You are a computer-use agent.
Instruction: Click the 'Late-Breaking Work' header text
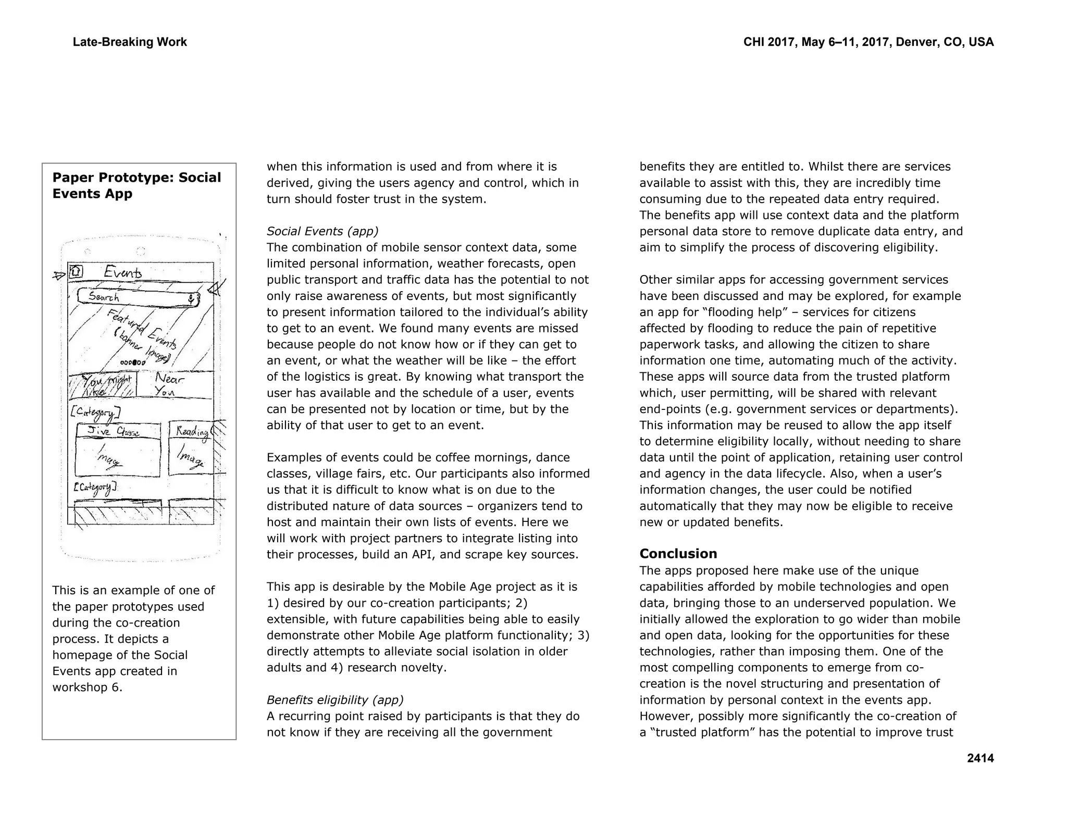(x=130, y=42)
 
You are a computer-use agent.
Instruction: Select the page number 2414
(x=980, y=758)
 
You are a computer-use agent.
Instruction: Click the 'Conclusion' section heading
(x=678, y=554)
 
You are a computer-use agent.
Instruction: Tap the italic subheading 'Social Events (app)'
(x=322, y=231)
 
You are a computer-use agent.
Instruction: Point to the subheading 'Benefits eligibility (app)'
(x=335, y=700)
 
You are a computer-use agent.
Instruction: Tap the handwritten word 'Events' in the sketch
(x=122, y=272)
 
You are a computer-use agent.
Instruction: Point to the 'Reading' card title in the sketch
(x=191, y=431)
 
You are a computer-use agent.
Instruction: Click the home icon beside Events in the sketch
(x=76, y=271)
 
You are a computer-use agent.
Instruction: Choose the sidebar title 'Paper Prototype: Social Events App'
(x=137, y=185)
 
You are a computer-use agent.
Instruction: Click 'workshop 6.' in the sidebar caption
(x=87, y=688)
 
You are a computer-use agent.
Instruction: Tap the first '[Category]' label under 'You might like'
(x=95, y=413)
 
